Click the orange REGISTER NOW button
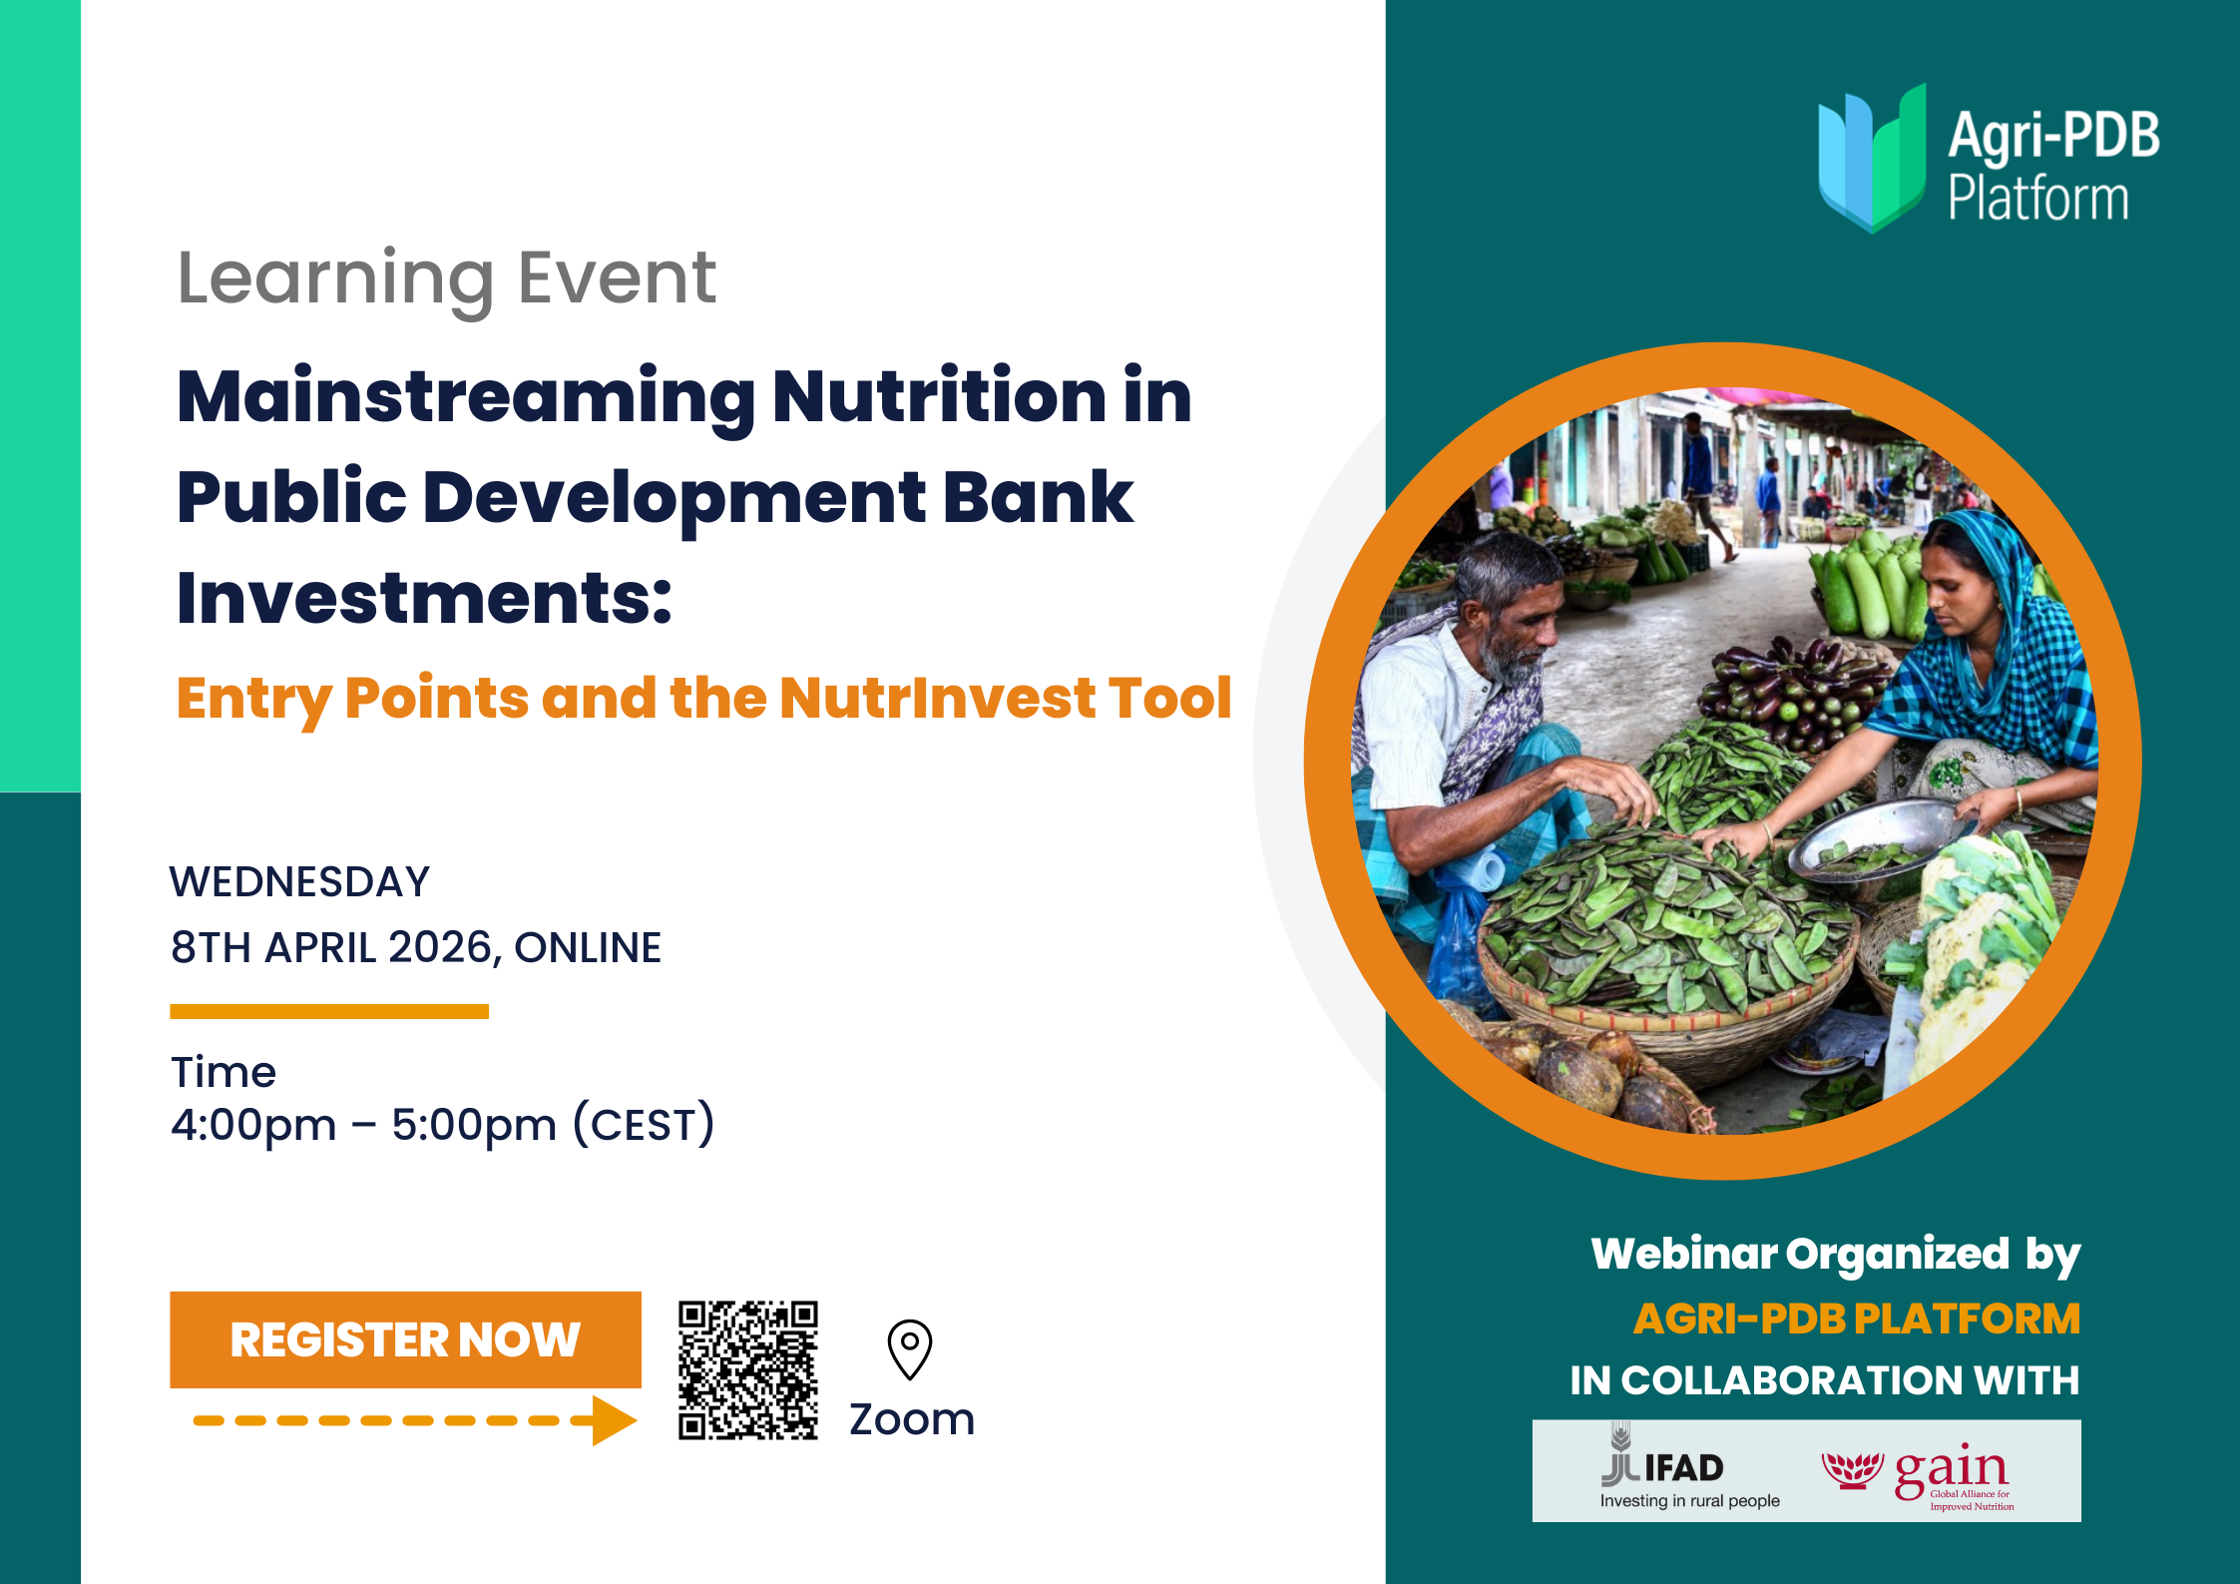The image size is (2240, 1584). click(x=405, y=1339)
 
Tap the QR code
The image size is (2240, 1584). click(x=748, y=1369)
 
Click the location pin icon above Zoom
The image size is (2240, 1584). click(x=910, y=1349)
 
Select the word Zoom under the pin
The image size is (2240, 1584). click(x=912, y=1419)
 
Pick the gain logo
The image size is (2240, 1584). click(x=1918, y=1474)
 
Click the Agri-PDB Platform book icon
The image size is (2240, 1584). click(x=1872, y=158)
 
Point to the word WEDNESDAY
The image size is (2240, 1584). click(x=299, y=882)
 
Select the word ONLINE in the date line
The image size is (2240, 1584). click(x=588, y=947)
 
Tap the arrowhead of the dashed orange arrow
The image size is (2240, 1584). click(x=614, y=1420)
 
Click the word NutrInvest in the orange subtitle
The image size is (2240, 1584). click(x=937, y=698)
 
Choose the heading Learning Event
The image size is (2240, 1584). click(x=446, y=279)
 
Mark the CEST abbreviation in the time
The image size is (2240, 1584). click(x=644, y=1125)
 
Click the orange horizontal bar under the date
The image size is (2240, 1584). click(x=329, y=1011)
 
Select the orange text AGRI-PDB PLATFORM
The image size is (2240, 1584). click(x=1856, y=1319)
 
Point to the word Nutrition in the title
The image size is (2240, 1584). click(x=939, y=396)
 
